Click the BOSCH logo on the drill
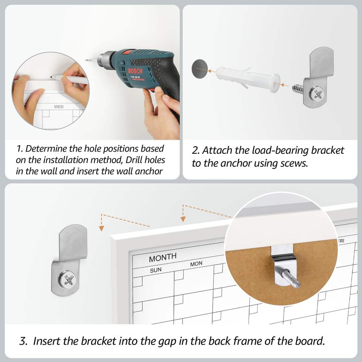click(135, 71)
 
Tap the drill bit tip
click(86, 60)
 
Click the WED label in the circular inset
click(59, 107)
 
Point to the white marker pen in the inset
click(70, 79)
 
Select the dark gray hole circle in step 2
click(200, 69)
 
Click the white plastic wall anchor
click(247, 78)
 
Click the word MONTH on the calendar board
click(163, 258)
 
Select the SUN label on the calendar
click(156, 270)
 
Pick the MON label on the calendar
click(196, 264)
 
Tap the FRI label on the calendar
click(341, 241)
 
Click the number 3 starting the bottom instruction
click(23, 341)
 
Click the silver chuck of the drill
click(106, 60)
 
